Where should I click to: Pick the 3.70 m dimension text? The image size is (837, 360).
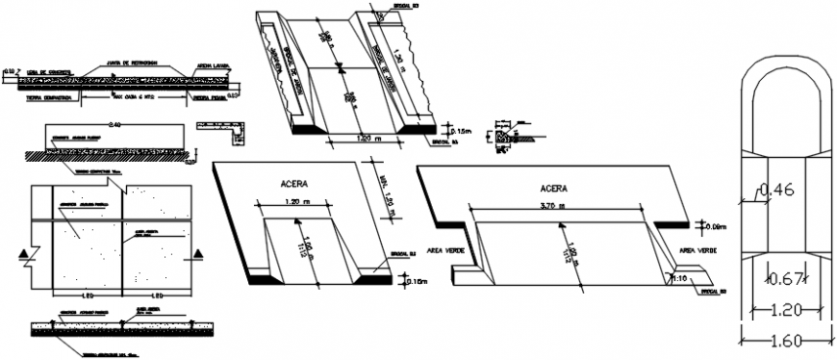coord(556,205)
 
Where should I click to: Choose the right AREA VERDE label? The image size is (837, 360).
coord(699,249)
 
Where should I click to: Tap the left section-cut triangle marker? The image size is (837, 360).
coord(24,253)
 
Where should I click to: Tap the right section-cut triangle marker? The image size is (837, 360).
coord(198,253)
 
